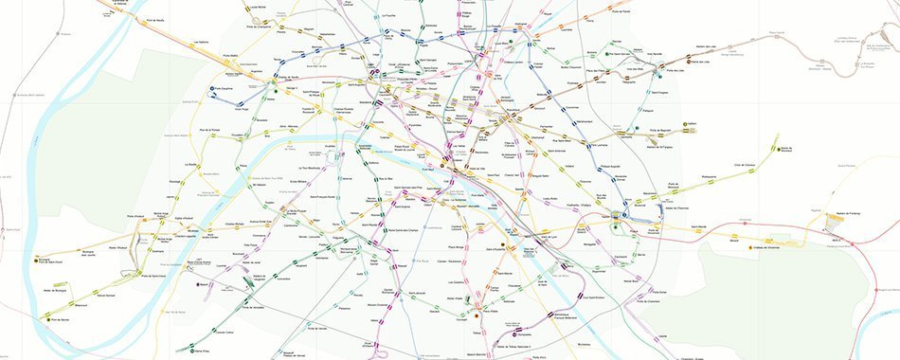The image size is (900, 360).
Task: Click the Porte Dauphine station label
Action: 224,91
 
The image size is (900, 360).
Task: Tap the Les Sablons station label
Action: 201,43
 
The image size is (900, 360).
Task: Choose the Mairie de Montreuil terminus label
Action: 786,151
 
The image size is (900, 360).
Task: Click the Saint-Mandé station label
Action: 697,227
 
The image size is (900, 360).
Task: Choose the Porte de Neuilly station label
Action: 157,19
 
